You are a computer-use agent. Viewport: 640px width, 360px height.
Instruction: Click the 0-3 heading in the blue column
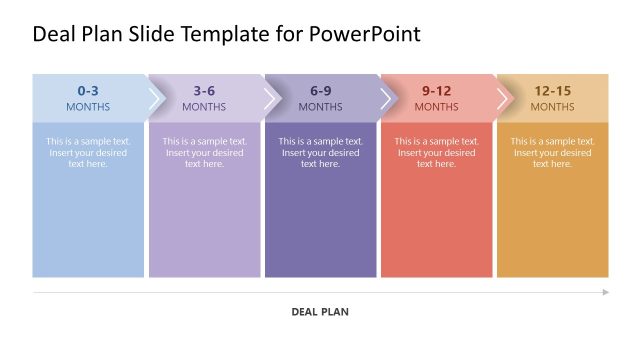88,90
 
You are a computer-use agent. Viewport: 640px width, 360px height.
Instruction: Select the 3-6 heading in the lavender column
204,90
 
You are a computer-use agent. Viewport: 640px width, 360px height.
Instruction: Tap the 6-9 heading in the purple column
320,90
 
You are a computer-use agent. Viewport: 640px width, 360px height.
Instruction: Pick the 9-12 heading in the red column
436,90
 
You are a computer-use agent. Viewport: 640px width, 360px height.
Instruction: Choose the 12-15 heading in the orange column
552,90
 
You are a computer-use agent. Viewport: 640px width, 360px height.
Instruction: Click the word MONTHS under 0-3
88,107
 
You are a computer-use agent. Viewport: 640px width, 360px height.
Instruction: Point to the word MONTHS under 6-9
320,107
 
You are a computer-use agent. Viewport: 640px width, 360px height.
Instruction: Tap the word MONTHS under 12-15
552,107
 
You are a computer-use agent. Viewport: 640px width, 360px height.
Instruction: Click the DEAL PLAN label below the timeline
320,312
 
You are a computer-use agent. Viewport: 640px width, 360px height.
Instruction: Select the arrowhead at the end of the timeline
605,292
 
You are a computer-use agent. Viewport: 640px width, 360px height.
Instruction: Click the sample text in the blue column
88,152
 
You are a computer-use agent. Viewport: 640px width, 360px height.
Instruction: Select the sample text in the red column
436,152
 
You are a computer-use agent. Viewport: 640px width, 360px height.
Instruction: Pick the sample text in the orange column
552,152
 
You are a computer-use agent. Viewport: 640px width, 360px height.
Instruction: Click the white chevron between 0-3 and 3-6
155,98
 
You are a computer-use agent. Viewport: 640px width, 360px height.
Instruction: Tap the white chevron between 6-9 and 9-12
387,98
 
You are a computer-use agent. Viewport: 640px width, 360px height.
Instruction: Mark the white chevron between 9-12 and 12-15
503,98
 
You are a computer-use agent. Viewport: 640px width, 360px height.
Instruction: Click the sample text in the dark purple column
320,152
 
